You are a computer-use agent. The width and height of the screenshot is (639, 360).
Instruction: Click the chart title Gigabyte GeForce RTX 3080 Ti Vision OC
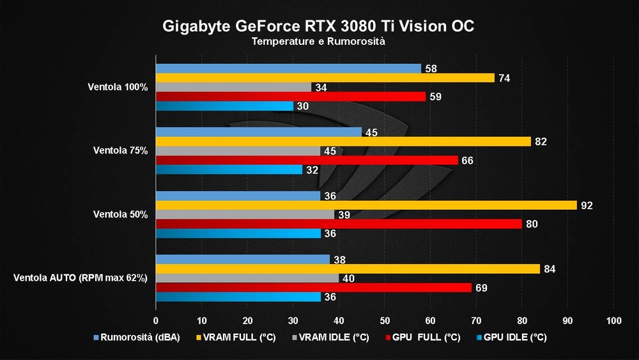[x=318, y=26]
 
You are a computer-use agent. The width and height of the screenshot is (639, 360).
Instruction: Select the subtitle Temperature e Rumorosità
[x=318, y=42]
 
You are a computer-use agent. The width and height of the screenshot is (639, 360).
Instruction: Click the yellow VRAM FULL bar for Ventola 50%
[x=366, y=205]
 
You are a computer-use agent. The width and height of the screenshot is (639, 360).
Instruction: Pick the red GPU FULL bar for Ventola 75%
[x=307, y=160]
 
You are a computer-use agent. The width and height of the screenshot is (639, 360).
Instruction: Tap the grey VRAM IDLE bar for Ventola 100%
[x=233, y=87]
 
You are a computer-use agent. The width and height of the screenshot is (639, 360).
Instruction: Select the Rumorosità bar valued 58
[x=288, y=68]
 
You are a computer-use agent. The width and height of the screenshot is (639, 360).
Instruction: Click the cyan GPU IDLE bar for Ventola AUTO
[x=238, y=297]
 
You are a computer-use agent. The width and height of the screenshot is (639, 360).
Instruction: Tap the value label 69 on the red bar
[x=482, y=288]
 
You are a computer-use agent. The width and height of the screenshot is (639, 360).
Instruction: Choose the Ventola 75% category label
[x=120, y=151]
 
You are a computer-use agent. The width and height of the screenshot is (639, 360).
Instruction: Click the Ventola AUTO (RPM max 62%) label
[x=81, y=278]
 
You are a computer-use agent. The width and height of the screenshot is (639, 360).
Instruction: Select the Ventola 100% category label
[x=118, y=87]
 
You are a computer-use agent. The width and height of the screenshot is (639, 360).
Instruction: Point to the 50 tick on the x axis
[x=385, y=320]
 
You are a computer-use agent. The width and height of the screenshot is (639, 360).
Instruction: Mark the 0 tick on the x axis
[x=156, y=320]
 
